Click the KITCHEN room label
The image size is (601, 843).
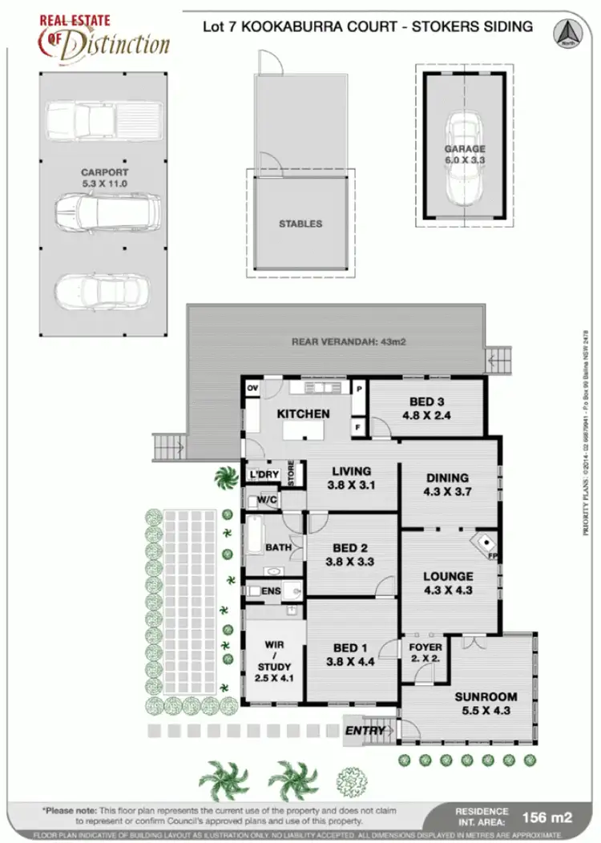pyautogui.click(x=303, y=413)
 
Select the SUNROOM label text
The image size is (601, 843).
pyautogui.click(x=486, y=696)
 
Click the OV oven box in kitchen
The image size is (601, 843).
pyautogui.click(x=252, y=389)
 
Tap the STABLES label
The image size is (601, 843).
pyautogui.click(x=300, y=224)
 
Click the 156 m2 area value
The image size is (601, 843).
pyautogui.click(x=547, y=817)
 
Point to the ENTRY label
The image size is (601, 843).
pyautogui.click(x=364, y=731)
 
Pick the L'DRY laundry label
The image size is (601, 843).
pyautogui.click(x=264, y=475)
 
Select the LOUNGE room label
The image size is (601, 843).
pyautogui.click(x=448, y=576)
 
